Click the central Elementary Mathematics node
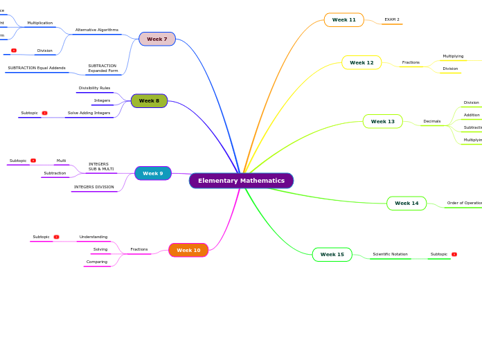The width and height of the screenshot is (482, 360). [241, 181]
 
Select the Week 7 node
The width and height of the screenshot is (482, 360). [157, 39]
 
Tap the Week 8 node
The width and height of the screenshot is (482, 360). [149, 101]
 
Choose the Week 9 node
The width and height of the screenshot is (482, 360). [153, 173]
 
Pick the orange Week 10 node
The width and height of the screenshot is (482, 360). [188, 250]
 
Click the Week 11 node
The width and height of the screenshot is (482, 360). [343, 20]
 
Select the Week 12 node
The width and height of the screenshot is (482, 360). [361, 62]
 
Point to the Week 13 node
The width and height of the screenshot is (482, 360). [382, 121]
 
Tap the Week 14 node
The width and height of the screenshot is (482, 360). [407, 203]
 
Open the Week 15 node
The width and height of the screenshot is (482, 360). [332, 254]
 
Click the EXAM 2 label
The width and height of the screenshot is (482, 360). [392, 19]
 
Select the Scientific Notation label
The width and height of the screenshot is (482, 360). [390, 254]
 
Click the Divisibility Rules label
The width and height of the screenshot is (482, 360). [94, 88]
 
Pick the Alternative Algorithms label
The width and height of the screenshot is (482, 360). [97, 30]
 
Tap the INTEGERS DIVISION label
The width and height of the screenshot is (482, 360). [94, 187]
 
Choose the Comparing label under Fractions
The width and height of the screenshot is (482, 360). [97, 262]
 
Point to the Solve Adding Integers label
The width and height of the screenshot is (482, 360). [89, 113]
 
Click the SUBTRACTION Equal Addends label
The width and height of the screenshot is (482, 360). [37, 68]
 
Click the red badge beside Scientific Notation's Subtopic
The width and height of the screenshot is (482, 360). [454, 254]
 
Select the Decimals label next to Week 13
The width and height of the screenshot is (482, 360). [431, 121]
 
